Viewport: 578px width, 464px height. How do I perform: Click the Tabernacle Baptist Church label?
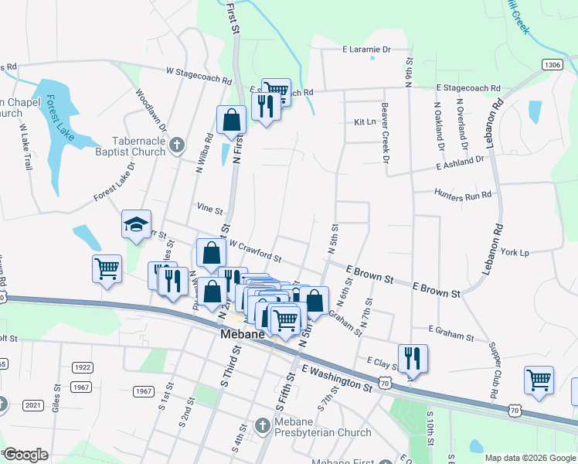click(139, 146)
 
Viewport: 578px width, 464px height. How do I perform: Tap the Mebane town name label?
click(243, 335)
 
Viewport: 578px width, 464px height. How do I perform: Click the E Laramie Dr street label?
click(368, 49)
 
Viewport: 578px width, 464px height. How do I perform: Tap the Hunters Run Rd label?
click(463, 194)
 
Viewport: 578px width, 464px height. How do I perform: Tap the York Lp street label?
click(514, 253)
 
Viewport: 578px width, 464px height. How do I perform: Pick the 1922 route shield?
click(82, 367)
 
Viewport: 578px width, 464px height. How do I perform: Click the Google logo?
click(26, 455)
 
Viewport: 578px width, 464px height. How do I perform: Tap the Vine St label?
click(209, 210)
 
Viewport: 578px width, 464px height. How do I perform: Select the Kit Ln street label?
click(365, 122)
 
